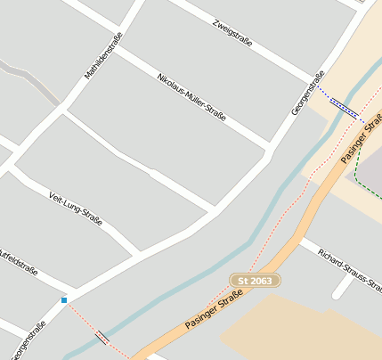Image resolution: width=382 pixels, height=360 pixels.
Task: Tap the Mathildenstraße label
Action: coord(103,56)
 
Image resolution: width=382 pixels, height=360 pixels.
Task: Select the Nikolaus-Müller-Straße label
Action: coord(191,97)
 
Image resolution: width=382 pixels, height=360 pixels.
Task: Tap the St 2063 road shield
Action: coord(256,280)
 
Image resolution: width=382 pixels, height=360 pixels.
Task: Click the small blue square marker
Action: coord(64,300)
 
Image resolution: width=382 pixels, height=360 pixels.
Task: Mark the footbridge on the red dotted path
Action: coord(103,338)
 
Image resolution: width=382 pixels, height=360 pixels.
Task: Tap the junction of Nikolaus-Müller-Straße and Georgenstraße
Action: coord(268,144)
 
